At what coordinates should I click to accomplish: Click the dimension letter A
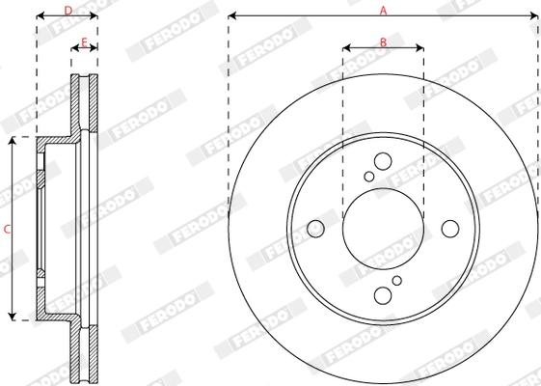383,10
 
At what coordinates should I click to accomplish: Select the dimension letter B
383,41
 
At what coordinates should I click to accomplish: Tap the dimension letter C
7,229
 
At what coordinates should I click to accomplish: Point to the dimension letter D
67,10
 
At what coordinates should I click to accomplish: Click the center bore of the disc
383,229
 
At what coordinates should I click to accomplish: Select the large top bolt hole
383,161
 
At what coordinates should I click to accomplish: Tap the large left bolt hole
315,229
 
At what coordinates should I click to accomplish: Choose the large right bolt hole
450,229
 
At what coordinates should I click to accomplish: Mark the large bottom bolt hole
383,295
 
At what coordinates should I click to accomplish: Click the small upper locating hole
369,177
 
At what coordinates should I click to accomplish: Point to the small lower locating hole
396,281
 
